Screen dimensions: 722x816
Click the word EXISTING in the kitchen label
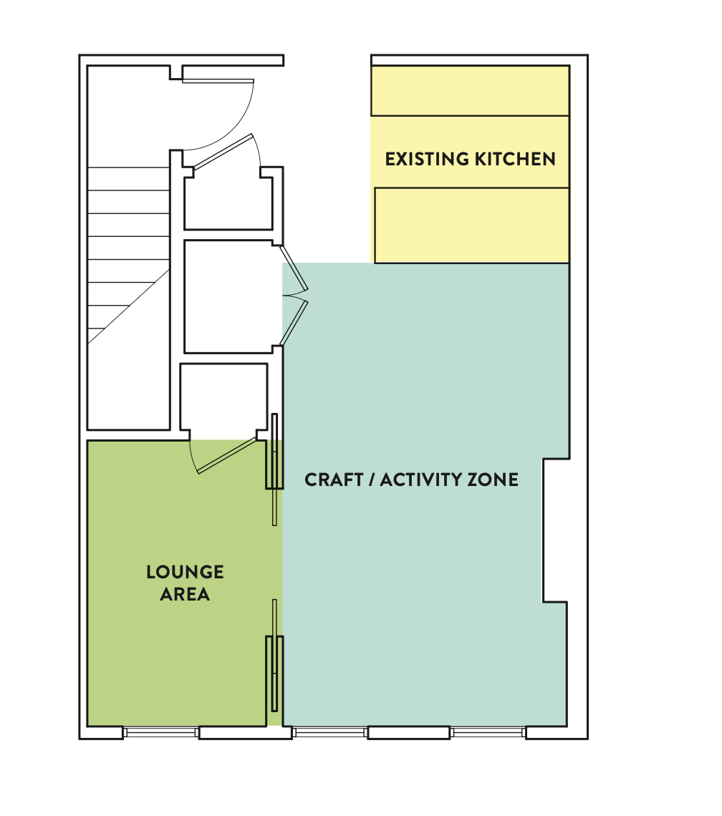pyautogui.click(x=427, y=159)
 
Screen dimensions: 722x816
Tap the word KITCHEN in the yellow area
pyautogui.click(x=515, y=159)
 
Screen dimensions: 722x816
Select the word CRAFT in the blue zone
pyautogui.click(x=334, y=480)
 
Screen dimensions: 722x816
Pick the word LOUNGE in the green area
pyautogui.click(x=185, y=572)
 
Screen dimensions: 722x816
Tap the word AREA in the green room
pyautogui.click(x=185, y=594)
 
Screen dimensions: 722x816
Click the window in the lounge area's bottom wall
pyautogui.click(x=161, y=732)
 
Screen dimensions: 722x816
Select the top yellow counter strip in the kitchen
pyautogui.click(x=470, y=91)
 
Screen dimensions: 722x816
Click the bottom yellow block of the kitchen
pyautogui.click(x=472, y=225)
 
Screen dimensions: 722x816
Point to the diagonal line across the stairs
pyautogui.click(x=129, y=306)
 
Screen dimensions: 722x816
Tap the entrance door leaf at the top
pyautogui.click(x=218, y=81)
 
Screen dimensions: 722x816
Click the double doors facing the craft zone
pyautogui.click(x=294, y=296)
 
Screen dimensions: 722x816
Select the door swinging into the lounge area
pyautogui.click(x=227, y=456)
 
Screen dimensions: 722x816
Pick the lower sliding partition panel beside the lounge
pyautogui.click(x=274, y=655)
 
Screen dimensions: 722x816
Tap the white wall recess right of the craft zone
pyautogui.click(x=556, y=530)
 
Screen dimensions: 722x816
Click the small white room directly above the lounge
pyautogui.click(x=223, y=397)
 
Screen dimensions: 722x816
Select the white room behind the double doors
pyautogui.click(x=228, y=296)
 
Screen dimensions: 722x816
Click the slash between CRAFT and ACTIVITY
pyautogui.click(x=372, y=480)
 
